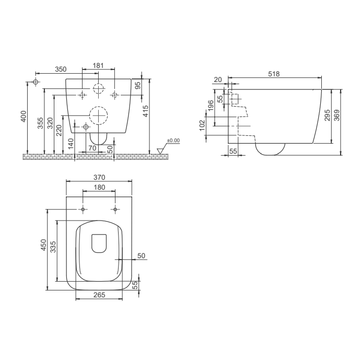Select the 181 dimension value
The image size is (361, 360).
(98, 65)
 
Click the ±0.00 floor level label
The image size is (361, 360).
(173, 141)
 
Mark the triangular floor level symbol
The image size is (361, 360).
(160, 151)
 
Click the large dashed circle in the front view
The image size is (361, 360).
(98, 114)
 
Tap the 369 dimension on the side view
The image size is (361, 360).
(337, 115)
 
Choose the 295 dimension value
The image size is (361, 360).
(327, 115)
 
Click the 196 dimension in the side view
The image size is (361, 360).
(211, 105)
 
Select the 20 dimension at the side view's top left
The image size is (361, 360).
(218, 79)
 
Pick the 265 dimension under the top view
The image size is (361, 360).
(99, 295)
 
